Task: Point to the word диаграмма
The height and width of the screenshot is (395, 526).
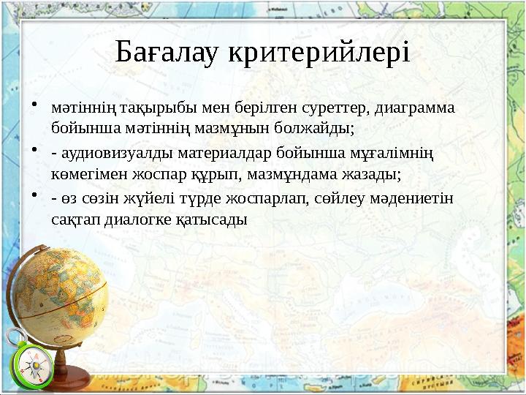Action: coord(414,109)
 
